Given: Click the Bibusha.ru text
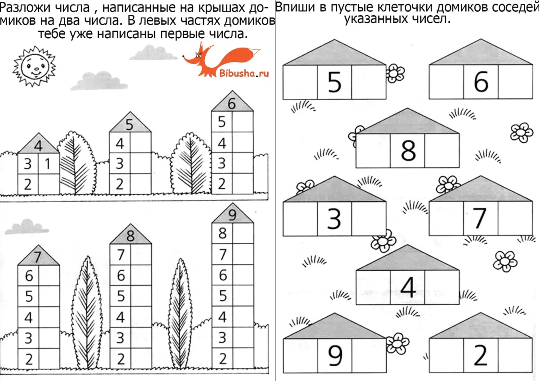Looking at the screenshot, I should tap(244, 73).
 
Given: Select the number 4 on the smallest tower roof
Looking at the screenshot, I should tap(38, 145).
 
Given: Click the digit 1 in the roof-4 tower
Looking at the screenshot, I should tap(48, 164).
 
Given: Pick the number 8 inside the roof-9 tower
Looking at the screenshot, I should tap(222, 233).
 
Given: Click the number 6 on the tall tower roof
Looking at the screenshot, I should tap(232, 104).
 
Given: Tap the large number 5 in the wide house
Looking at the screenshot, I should tap(334, 82).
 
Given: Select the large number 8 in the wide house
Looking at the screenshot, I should tap(408, 150).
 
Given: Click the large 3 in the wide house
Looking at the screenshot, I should tap(334, 219).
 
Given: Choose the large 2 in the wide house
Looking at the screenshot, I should tap(481, 356).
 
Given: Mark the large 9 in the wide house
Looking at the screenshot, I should tap(334, 356).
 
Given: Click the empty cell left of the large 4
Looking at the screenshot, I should tap(373, 287).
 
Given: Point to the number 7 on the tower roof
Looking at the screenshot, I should tap(38, 257).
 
